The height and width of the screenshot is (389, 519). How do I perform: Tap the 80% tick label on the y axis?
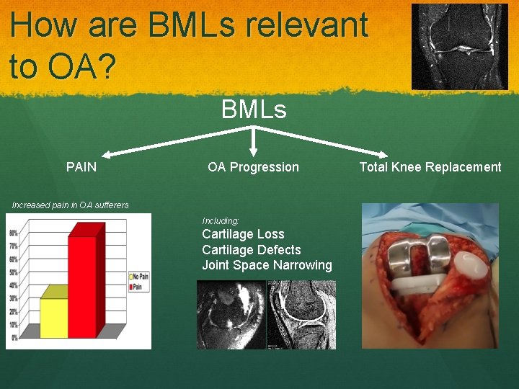[14, 233]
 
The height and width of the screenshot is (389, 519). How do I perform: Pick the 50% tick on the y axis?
[14, 272]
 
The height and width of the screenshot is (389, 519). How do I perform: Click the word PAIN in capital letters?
[81, 167]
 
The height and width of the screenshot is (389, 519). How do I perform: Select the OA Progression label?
[253, 167]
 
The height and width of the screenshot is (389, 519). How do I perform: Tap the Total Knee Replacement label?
[430, 167]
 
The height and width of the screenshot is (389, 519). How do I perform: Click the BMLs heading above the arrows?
[254, 110]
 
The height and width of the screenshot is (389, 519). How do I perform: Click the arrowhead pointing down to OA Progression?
[254, 151]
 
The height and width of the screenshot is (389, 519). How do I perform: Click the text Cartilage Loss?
[243, 234]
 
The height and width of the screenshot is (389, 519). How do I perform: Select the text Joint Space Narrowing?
[267, 265]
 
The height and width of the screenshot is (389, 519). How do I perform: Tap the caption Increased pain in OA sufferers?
[71, 205]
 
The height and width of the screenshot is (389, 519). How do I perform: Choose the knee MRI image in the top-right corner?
[459, 47]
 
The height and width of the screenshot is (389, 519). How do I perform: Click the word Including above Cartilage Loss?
[221, 220]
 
